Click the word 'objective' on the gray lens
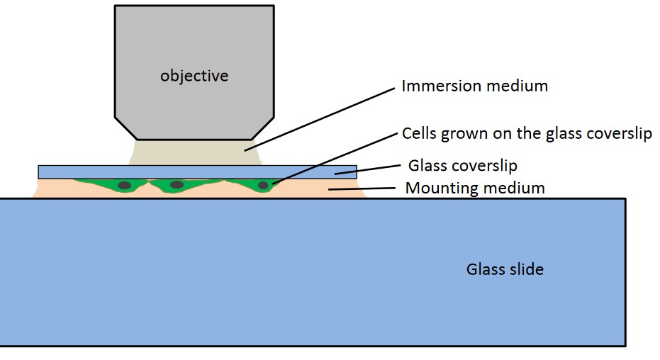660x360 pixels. [x=194, y=75]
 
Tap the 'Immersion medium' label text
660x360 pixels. [x=474, y=86]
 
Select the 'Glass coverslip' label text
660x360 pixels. [x=463, y=166]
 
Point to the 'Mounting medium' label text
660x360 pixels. [x=475, y=188]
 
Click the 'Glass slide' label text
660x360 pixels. [x=505, y=269]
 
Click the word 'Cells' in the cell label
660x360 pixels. [x=419, y=133]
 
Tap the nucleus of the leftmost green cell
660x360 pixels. [x=125, y=186]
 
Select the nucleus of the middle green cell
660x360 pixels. [x=177, y=185]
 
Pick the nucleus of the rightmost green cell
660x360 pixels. [x=263, y=186]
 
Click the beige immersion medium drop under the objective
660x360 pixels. [x=191, y=152]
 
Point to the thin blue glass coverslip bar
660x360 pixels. [x=106, y=171]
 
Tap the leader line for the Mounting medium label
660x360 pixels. [x=361, y=189]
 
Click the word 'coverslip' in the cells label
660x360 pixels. [x=620, y=133]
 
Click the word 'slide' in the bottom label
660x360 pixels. [x=526, y=269]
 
